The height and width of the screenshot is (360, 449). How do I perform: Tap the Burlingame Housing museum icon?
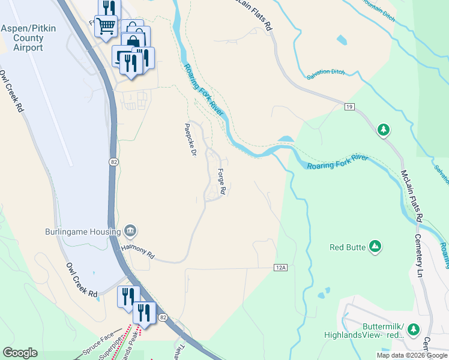130,231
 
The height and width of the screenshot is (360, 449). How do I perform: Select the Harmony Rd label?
137,251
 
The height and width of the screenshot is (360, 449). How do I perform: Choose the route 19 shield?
350,107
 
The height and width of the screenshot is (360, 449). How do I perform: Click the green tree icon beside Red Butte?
375,246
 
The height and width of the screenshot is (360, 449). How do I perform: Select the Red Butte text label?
348,247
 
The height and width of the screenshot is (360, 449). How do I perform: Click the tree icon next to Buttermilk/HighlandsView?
413,329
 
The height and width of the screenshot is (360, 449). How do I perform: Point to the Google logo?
20,353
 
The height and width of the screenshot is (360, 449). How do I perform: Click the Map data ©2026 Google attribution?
412,355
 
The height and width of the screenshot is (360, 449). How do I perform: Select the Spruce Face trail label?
98,347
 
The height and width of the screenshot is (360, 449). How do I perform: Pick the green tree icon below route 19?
384,129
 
